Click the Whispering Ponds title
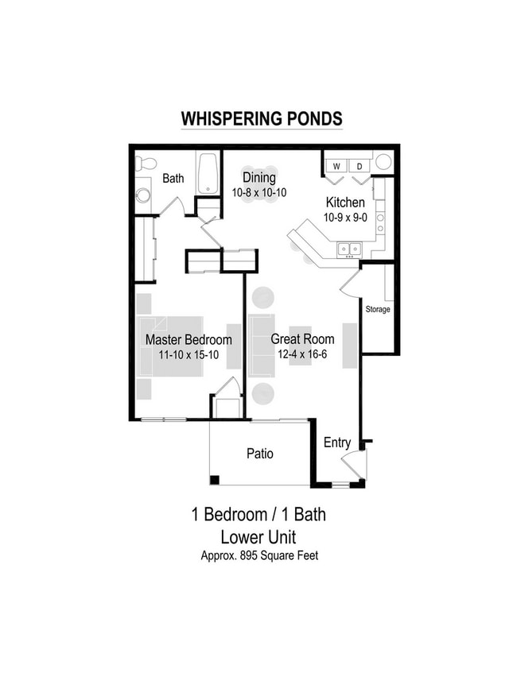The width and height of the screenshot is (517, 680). click(262, 119)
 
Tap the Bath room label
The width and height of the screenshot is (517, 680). click(173, 179)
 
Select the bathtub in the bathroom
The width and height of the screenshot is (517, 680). click(208, 173)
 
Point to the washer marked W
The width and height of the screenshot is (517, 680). click(336, 166)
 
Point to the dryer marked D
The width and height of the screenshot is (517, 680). click(359, 166)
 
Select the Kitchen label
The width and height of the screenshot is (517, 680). click(344, 203)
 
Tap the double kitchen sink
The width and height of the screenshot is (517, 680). click(348, 249)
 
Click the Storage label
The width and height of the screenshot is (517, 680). click(378, 309)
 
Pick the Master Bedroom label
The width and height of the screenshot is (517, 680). click(189, 340)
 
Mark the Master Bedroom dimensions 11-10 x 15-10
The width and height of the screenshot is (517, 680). click(189, 355)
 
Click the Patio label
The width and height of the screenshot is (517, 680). click(259, 454)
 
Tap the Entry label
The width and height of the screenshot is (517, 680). click(336, 443)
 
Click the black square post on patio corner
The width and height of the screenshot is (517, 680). click(215, 479)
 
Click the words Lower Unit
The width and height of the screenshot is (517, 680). click(258, 536)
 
